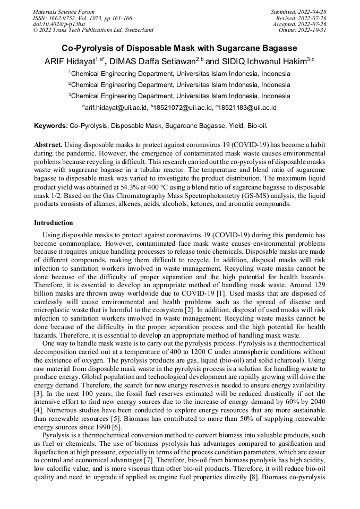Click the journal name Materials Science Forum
(64, 12)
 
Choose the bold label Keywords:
(51, 126)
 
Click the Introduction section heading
(54, 223)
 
